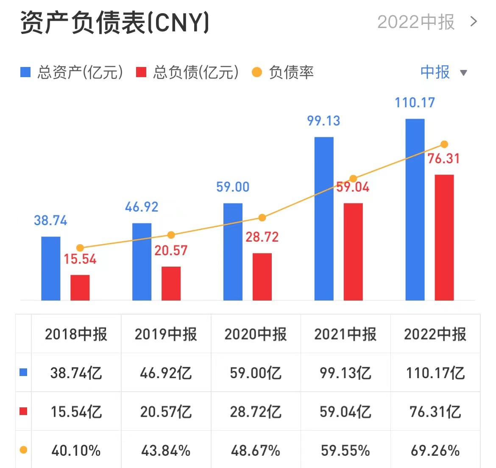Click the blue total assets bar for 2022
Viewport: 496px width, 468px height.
coord(415,209)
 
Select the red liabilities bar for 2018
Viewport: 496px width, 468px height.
coord(80,287)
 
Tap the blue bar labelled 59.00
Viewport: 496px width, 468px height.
coord(233,252)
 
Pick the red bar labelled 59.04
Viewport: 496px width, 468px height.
coord(353,252)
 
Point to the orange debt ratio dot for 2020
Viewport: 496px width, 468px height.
coord(262,217)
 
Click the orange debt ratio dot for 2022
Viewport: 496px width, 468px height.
coord(444,144)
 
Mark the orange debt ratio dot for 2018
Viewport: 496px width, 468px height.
coord(80,248)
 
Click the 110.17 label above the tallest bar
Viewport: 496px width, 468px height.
coord(415,103)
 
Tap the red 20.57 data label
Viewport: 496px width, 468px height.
coord(171,251)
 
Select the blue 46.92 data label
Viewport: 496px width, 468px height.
coord(142,207)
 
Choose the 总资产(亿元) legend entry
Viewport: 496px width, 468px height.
coord(72,72)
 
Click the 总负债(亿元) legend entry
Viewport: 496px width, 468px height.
coord(187,72)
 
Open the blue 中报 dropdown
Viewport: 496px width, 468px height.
coord(443,72)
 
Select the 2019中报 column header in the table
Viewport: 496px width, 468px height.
coord(166,334)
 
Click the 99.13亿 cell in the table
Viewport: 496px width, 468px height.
coord(346,373)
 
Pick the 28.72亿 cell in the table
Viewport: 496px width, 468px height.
coord(256,412)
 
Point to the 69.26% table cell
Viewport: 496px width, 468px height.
coord(435,451)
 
